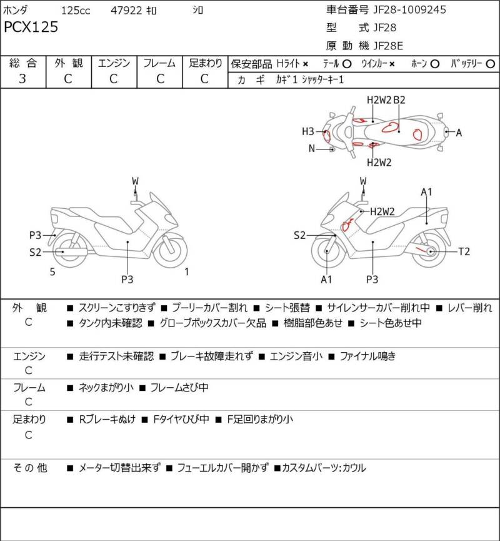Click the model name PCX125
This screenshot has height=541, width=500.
click(x=31, y=27)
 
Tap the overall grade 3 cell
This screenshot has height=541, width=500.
click(x=23, y=79)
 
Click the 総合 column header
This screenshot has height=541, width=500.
click(x=23, y=63)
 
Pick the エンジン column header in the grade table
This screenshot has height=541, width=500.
click(x=113, y=63)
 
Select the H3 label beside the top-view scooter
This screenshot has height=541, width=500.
click(x=308, y=131)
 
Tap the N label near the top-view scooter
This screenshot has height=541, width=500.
click(x=311, y=149)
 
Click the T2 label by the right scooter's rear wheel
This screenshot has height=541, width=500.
click(x=464, y=251)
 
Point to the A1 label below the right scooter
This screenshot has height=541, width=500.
click(x=326, y=280)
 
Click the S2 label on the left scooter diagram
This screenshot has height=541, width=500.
click(x=35, y=252)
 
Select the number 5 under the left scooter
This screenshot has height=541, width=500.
click(x=52, y=271)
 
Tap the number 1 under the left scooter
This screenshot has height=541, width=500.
click(x=186, y=271)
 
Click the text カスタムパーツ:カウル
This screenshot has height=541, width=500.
click(x=324, y=467)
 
